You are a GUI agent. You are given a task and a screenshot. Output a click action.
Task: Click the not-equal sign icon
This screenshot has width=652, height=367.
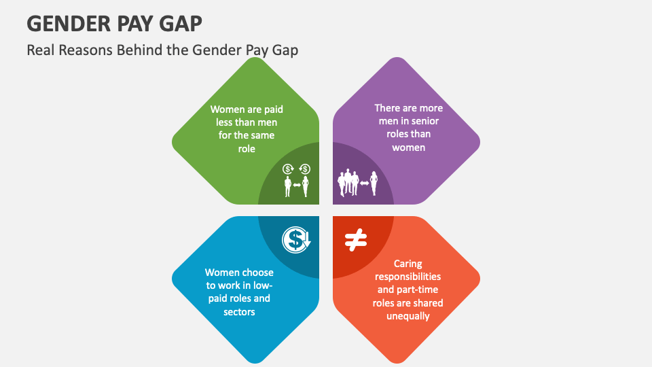pos(355,239)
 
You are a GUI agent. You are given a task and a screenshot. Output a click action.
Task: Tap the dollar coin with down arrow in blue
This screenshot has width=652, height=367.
pos(296,239)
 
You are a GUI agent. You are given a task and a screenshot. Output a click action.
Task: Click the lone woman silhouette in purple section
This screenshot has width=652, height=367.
pos(374,183)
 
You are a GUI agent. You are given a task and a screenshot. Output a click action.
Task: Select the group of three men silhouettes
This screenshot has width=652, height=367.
pos(348,183)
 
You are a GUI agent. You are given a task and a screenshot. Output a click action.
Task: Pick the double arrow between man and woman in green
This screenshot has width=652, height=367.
pos(296,184)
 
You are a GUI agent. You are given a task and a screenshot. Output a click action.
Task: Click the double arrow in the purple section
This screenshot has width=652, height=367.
pos(364,183)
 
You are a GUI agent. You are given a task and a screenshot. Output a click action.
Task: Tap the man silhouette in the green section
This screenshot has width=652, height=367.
pos(288,186)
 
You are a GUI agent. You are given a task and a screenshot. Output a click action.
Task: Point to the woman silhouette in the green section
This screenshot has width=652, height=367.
pos(305,186)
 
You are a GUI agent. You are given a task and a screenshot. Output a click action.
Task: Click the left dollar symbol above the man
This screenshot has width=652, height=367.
pos(288,169)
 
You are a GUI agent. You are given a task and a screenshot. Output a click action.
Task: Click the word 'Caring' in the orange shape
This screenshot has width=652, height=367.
pos(407,264)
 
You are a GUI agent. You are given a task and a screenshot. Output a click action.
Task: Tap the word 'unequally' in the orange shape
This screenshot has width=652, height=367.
pos(407,316)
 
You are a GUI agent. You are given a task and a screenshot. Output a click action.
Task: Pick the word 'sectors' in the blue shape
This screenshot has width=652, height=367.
pos(239,312)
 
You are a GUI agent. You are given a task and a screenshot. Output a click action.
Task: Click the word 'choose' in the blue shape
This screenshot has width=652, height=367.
pos(257,273)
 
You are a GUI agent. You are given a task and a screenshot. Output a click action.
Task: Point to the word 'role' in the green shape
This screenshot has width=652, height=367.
pos(247,149)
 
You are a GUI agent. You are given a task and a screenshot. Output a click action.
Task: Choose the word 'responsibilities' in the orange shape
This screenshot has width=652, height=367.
pos(407,277)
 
